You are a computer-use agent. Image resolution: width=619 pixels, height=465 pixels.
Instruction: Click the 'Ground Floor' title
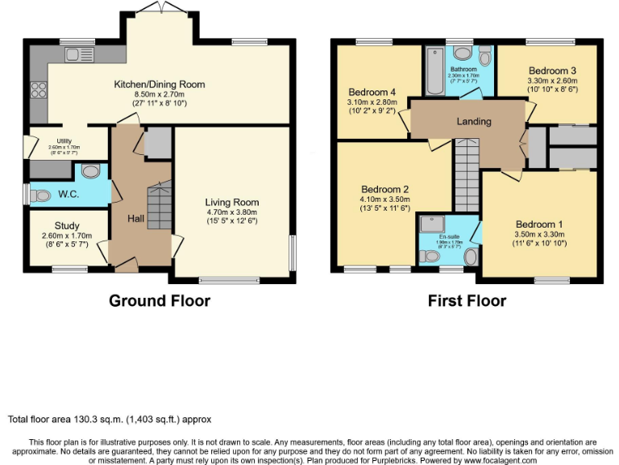[160, 300]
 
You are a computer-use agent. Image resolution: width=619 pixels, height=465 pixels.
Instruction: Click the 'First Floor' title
[467, 300]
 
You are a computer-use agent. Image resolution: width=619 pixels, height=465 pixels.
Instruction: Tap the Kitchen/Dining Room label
[159, 84]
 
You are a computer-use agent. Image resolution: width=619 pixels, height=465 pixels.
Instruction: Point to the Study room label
[69, 225]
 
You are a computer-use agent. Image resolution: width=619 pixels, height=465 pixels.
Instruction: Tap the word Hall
[135, 218]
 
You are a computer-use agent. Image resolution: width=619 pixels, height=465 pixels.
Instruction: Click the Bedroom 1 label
[539, 224]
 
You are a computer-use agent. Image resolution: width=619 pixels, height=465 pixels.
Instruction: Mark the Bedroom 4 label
[372, 90]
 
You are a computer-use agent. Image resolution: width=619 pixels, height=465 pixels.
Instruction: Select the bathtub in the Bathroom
[434, 73]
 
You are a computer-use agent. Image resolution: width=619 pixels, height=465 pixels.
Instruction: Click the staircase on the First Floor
[467, 174]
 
